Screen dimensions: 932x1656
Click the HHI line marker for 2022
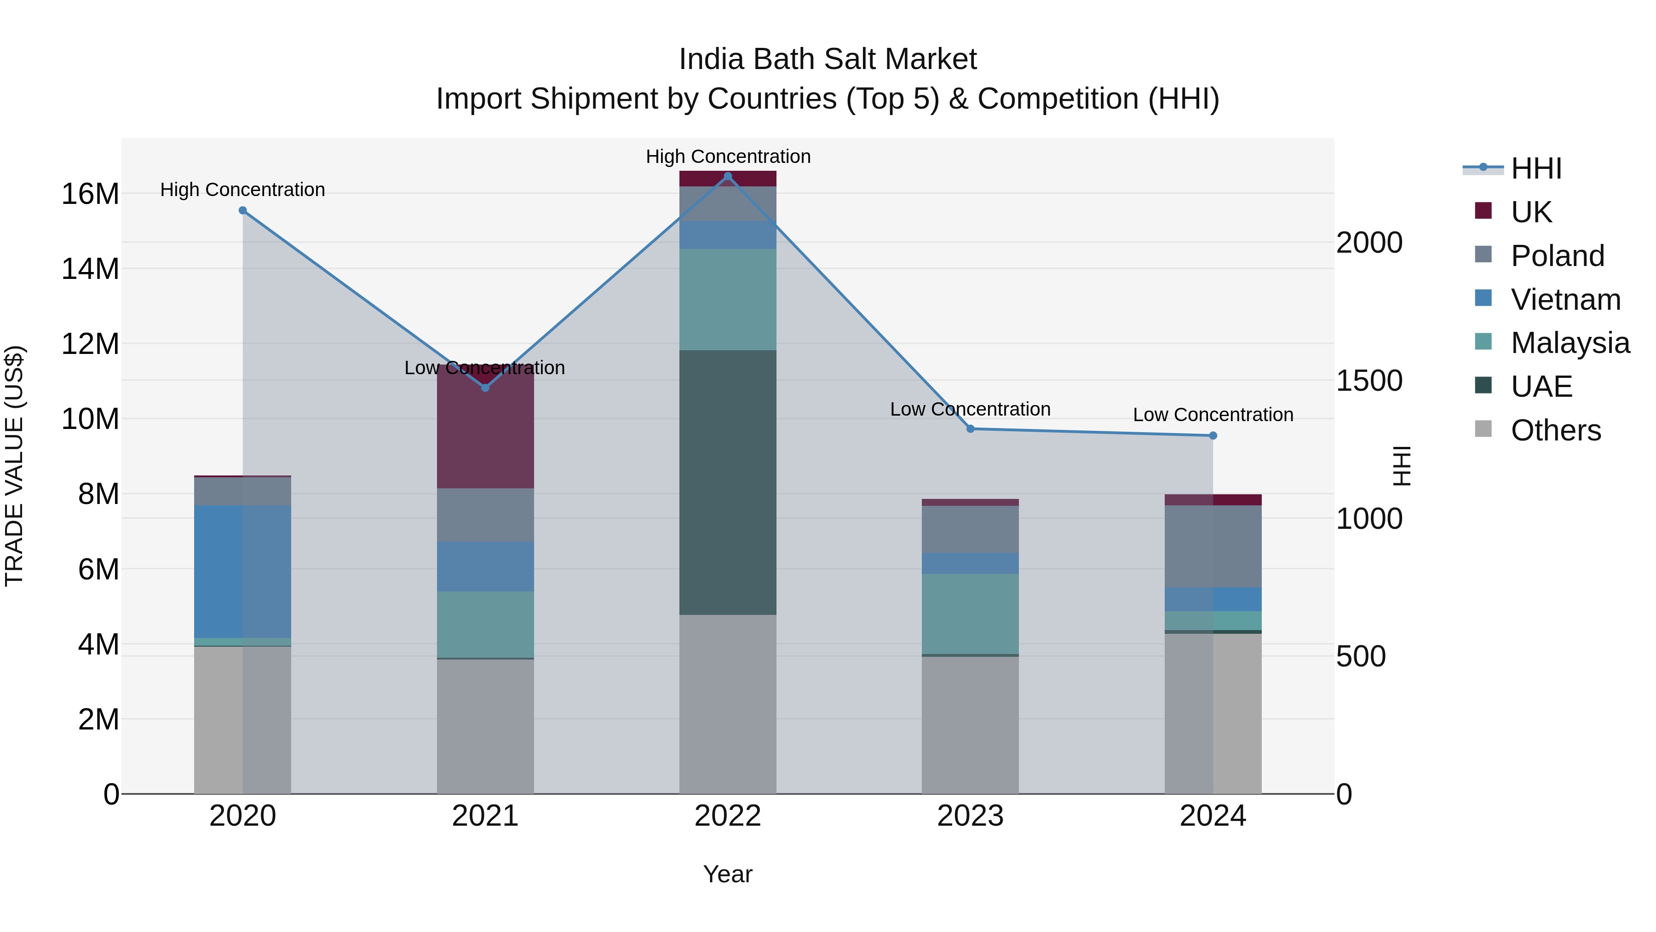point(728,176)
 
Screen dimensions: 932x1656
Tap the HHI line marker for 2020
point(242,210)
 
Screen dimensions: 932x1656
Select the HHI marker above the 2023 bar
point(970,428)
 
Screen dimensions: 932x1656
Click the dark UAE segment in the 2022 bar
point(728,482)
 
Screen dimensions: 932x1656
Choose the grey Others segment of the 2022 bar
point(728,704)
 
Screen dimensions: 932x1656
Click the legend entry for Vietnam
point(1565,300)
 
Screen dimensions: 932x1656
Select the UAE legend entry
point(1541,387)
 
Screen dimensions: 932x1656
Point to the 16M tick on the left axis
point(90,194)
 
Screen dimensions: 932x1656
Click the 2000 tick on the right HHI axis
point(1369,243)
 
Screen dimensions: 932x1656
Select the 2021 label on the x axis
point(485,816)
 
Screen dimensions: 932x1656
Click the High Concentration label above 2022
point(728,156)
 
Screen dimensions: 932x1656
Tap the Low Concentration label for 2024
point(1213,415)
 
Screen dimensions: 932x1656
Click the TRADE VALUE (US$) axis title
point(14,466)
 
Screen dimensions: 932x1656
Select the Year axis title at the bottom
point(728,874)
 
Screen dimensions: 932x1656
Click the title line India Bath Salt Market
point(828,59)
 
